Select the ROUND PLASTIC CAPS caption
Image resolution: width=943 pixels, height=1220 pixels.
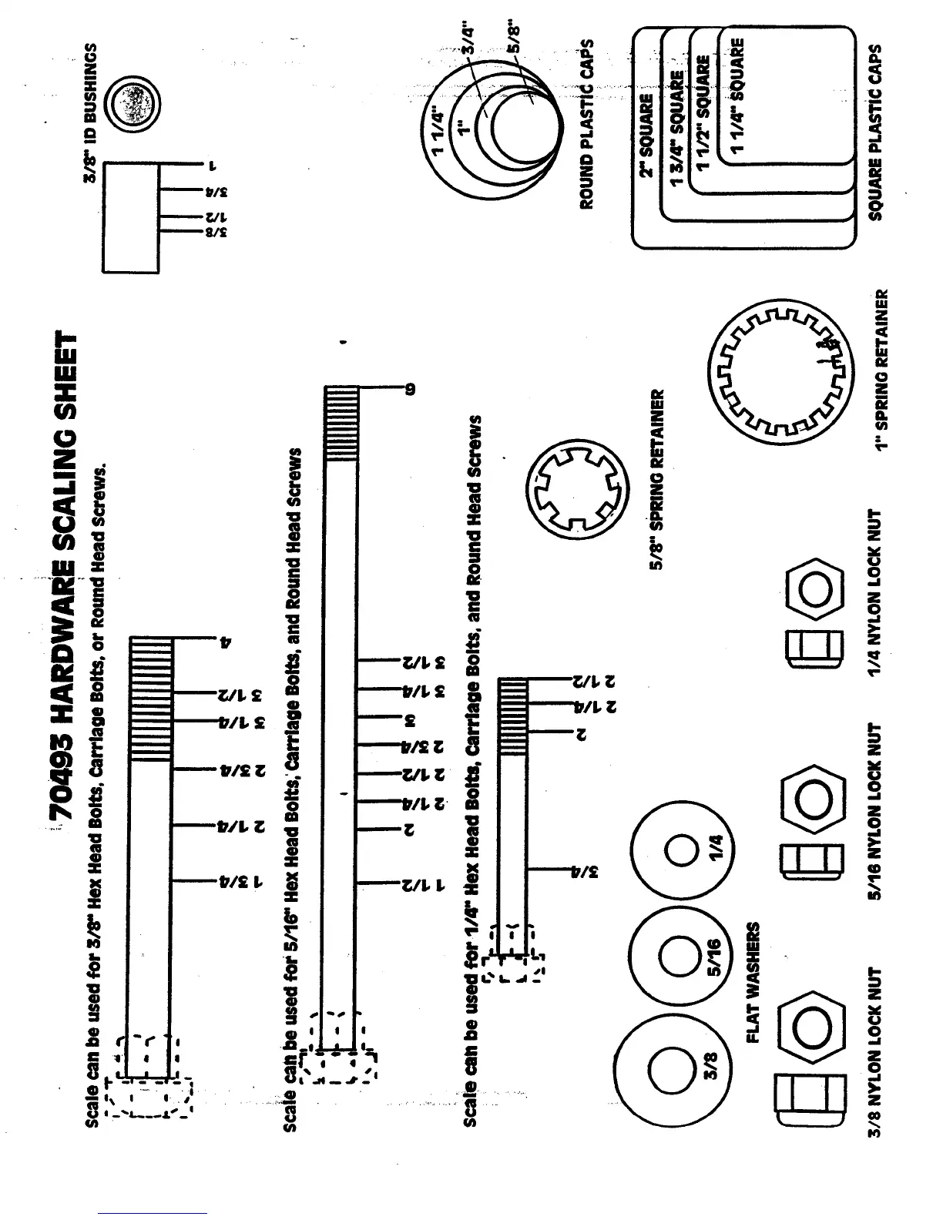coord(587,124)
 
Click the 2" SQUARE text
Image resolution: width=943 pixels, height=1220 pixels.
coord(646,136)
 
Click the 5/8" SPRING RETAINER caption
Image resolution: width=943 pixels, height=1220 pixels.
coord(657,481)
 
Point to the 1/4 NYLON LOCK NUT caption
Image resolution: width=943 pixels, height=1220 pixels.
coord(874,594)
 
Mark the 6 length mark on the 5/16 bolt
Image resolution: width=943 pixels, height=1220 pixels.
coord(411,389)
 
